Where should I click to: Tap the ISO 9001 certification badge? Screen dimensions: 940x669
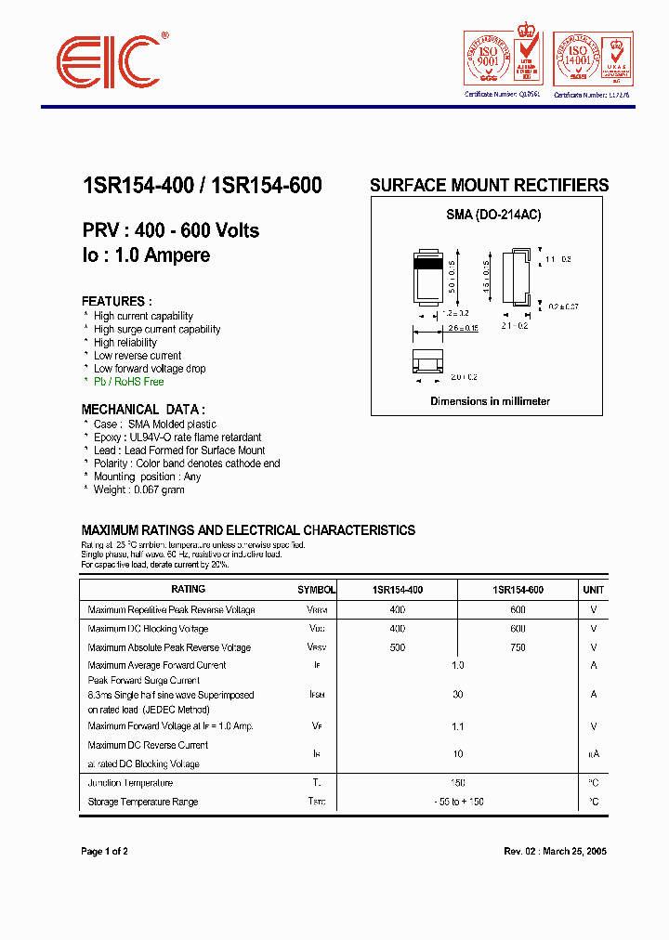click(503, 59)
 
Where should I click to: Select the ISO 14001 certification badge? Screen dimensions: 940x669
click(593, 59)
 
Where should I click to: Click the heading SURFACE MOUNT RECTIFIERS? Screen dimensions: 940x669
click(489, 185)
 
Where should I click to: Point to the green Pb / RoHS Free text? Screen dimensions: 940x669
click(128, 382)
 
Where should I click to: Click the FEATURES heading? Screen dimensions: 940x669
click(114, 301)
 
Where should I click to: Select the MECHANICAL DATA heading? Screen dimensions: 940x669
click(143, 409)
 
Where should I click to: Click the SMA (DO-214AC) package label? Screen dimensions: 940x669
click(493, 215)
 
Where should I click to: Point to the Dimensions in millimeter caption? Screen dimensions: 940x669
click(490, 401)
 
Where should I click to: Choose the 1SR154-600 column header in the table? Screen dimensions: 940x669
click(518, 590)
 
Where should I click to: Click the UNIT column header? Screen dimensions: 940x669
click(593, 590)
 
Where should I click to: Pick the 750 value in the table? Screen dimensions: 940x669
click(518, 647)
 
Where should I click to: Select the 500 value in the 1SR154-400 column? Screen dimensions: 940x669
click(398, 647)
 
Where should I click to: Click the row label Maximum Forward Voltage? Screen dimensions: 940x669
click(170, 726)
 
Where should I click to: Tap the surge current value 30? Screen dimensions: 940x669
click(457, 695)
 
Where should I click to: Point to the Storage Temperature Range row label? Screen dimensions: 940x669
click(142, 802)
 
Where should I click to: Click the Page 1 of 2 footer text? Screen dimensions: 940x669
click(104, 851)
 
